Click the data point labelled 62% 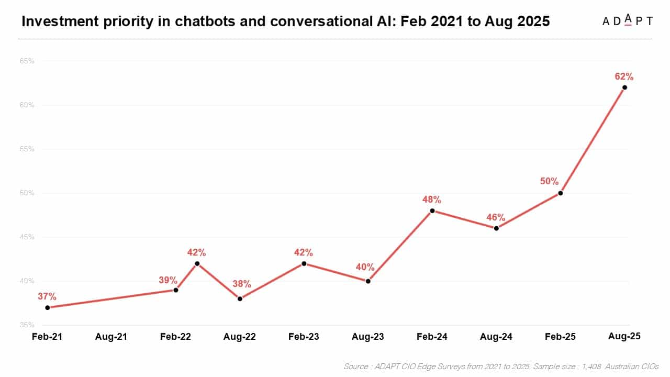624,87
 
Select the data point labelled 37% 47,307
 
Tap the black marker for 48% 432,211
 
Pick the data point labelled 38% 240,299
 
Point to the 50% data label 550,182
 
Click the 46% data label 495,217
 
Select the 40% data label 365,267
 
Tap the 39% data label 169,280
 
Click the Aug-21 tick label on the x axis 111,337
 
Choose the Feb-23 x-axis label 304,337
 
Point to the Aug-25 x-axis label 624,336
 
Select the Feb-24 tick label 432,337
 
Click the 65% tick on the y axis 27,61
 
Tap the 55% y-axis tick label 27,149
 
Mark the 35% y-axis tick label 27,325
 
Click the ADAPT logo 627,21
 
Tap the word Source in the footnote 356,367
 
